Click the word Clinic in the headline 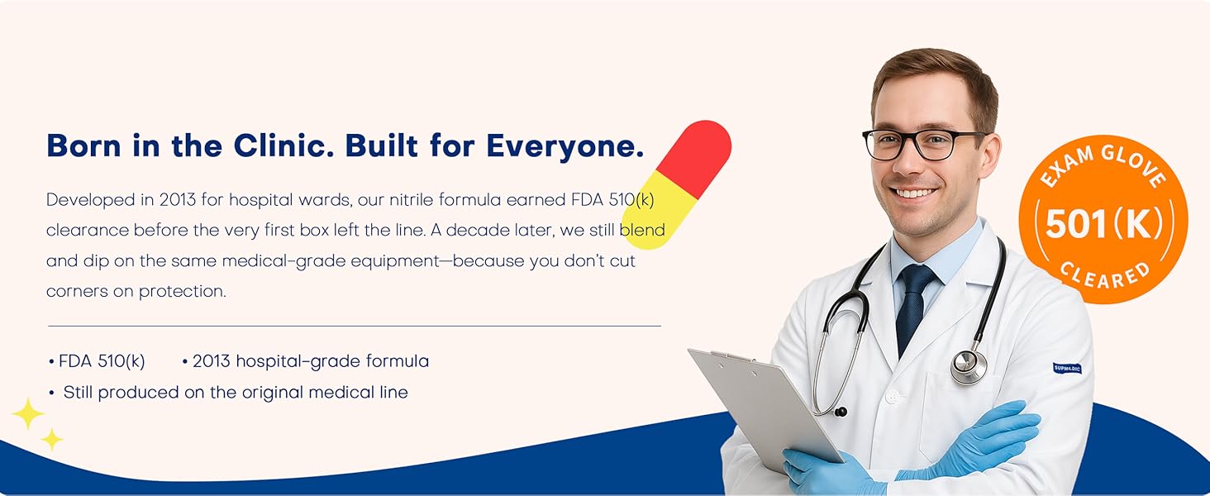click(x=283, y=145)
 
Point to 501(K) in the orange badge click(x=1103, y=224)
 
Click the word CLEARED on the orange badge click(x=1105, y=276)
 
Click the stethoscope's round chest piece click(x=969, y=366)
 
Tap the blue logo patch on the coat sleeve click(x=1067, y=369)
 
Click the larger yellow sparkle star click(x=27, y=414)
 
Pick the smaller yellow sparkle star click(x=52, y=439)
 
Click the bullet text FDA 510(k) click(x=102, y=361)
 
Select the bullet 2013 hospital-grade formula click(x=311, y=361)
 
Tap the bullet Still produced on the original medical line click(x=236, y=392)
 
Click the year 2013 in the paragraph click(x=177, y=199)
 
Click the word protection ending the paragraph click(x=182, y=291)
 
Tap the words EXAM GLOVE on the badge click(x=1103, y=164)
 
